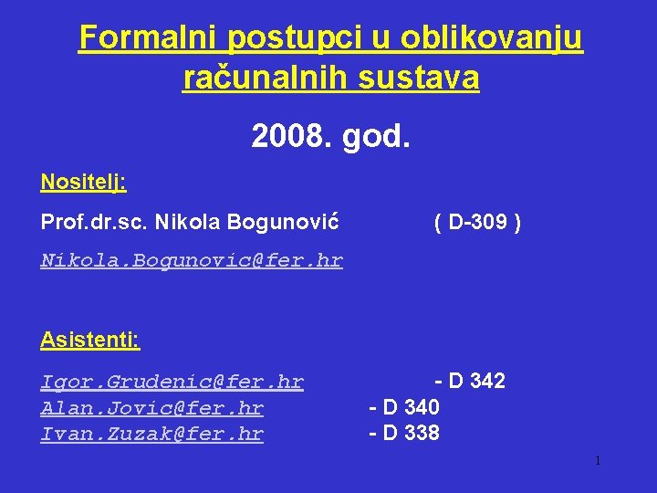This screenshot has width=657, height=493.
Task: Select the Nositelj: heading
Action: [83, 182]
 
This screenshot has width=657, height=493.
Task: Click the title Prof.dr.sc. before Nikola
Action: [94, 222]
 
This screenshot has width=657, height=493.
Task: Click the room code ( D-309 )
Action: [478, 222]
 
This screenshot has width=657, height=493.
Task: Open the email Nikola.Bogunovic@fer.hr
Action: [192, 261]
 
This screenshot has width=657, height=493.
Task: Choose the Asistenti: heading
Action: [89, 341]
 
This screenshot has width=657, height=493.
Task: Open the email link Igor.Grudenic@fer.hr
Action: [172, 382]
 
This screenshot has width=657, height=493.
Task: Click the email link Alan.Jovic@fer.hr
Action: [151, 408]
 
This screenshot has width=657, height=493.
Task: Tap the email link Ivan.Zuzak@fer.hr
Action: [151, 434]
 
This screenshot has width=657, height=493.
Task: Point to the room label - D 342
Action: [470, 381]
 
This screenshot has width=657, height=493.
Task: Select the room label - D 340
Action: [404, 407]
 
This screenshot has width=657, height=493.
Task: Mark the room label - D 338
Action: [404, 433]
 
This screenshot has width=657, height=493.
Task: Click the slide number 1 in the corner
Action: [597, 461]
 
